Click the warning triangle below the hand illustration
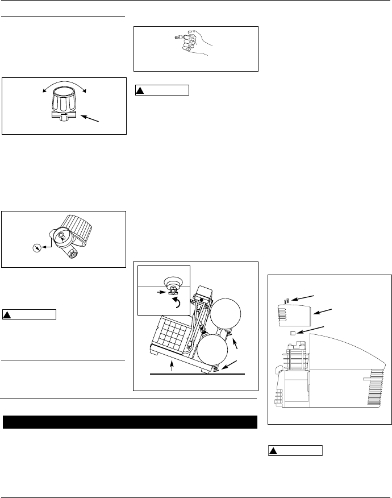(140, 90)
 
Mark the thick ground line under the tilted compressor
(196, 375)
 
